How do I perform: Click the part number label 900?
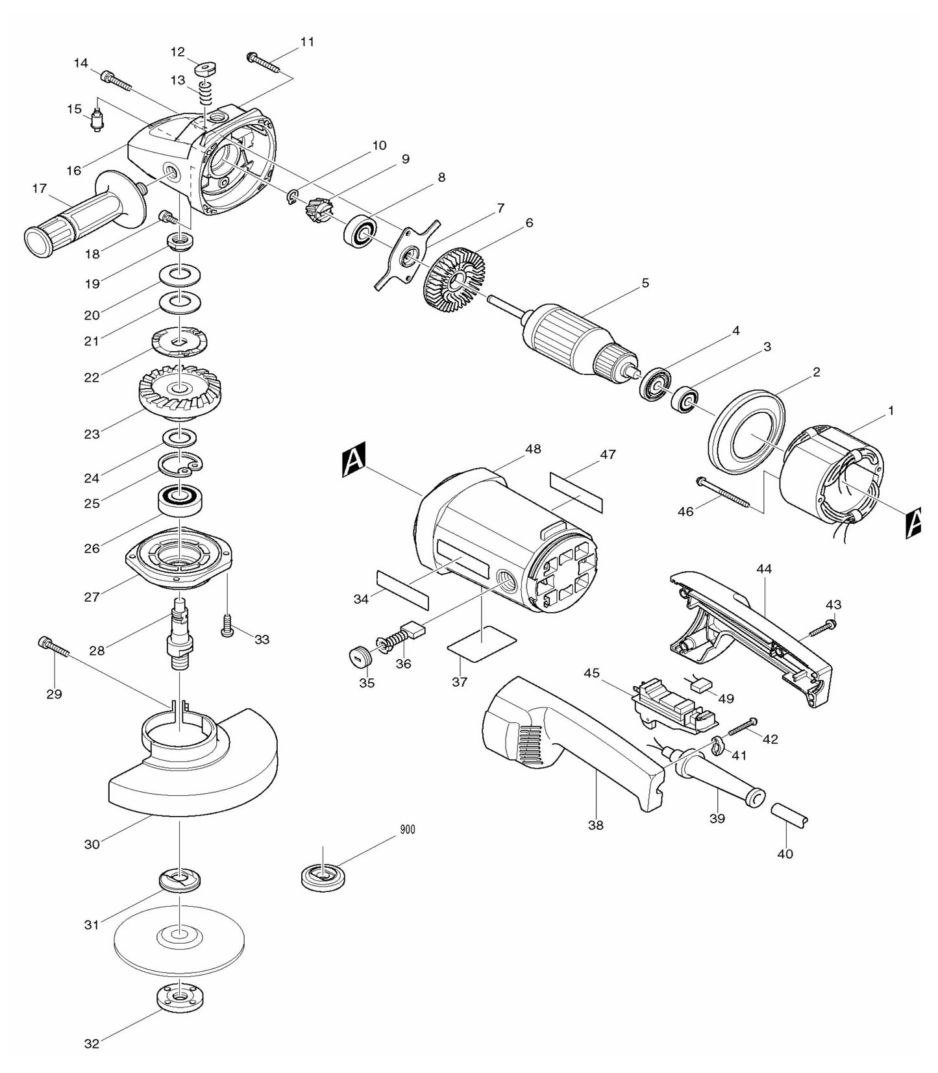[408, 830]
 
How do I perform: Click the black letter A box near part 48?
[354, 460]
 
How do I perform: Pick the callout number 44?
[763, 569]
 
